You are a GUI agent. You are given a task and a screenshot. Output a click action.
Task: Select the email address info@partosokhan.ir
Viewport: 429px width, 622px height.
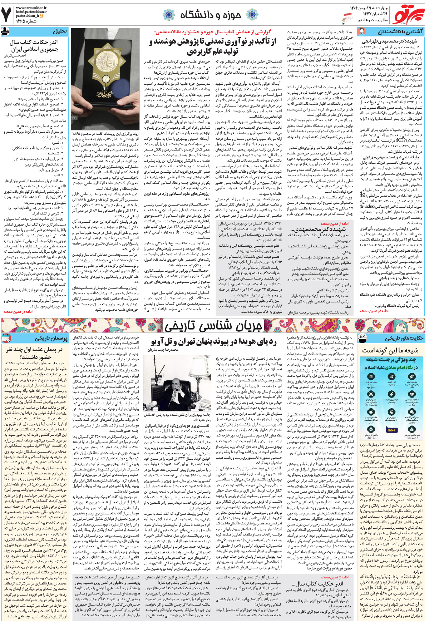pos(31,11)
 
